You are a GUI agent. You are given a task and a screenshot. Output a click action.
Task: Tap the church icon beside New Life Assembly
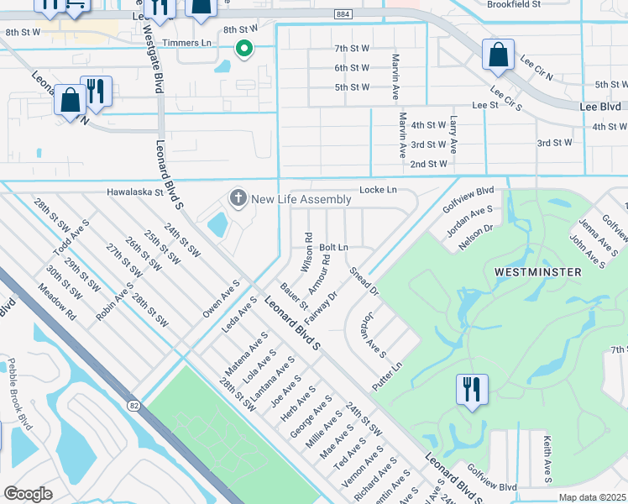[x=238, y=199]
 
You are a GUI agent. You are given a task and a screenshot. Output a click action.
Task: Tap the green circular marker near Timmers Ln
[x=244, y=50]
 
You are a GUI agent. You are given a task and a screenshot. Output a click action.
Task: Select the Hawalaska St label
[x=133, y=192]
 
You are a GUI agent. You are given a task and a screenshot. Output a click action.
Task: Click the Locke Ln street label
[x=378, y=191]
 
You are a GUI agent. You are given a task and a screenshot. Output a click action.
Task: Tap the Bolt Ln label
[x=333, y=248]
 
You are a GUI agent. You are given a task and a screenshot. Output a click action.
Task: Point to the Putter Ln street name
[x=388, y=376]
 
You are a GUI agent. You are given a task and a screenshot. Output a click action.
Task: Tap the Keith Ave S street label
[x=547, y=459]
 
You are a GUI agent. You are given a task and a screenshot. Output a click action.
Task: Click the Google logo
[x=28, y=493]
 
